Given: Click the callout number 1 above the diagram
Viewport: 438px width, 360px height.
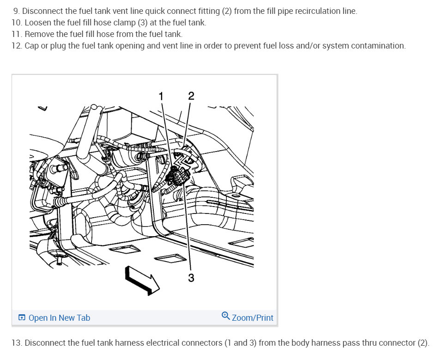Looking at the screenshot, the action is (161, 97).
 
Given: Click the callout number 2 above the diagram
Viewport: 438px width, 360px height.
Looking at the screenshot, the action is (191, 96).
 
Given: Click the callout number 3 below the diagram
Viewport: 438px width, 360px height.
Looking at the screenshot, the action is (191, 278).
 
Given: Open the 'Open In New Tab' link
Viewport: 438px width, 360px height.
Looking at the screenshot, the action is (59, 318).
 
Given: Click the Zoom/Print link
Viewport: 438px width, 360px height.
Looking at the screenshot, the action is (253, 318).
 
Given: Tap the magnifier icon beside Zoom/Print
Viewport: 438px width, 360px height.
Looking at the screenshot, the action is (226, 316).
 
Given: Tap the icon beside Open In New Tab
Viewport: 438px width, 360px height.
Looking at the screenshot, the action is (22, 317).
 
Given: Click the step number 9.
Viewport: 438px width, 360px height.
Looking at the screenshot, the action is (17, 11).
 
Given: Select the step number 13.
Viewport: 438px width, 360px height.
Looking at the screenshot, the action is (17, 343).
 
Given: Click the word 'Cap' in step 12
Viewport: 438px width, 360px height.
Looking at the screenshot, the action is (31, 46).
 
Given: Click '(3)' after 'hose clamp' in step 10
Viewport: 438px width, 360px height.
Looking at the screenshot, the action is (142, 23).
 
